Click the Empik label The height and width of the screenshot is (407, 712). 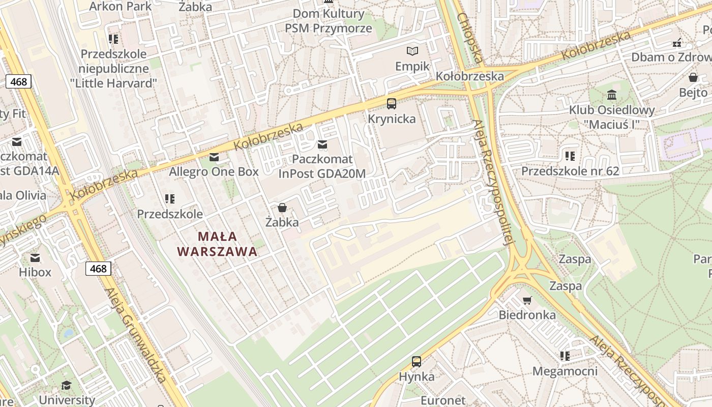click(412, 66)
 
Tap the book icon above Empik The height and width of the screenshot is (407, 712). click(412, 51)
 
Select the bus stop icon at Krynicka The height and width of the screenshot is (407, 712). click(392, 104)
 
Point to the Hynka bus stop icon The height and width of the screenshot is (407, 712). click(417, 362)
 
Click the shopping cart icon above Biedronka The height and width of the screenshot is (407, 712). click(527, 300)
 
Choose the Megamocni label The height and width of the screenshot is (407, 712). click(565, 371)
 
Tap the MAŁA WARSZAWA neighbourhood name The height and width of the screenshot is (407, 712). click(217, 244)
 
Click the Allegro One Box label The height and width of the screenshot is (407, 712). click(214, 171)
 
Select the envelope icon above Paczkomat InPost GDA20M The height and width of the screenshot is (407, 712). click(322, 144)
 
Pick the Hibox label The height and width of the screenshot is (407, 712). click(35, 272)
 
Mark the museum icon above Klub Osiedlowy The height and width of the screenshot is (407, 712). click(612, 95)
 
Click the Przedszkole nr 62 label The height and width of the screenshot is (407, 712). click(570, 171)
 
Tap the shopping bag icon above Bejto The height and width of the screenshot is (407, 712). click(693, 77)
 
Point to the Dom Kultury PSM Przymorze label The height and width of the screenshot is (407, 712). click(329, 21)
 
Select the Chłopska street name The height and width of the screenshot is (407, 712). click(469, 37)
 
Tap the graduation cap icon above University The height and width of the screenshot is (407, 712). click(66, 385)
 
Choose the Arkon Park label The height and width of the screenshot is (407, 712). click(121, 6)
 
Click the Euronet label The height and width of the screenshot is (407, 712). click(443, 400)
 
